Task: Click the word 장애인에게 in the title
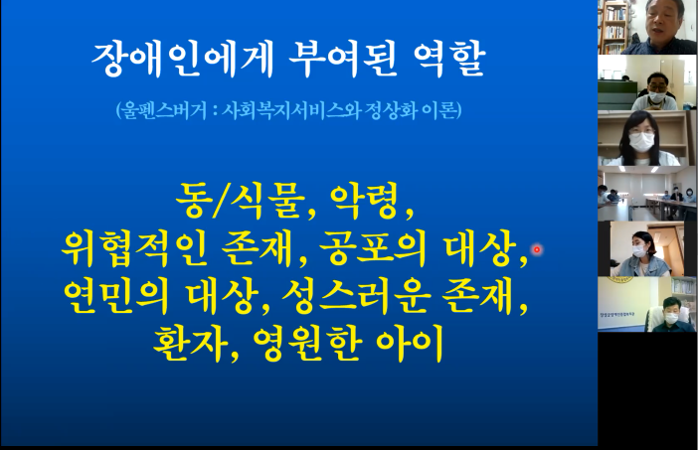182,60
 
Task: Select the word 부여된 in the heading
342,60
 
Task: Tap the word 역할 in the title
448,60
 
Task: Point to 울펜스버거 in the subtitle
163,110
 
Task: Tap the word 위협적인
134,249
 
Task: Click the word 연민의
116,297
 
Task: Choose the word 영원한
306,344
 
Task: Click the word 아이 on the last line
410,344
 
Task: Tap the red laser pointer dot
537,250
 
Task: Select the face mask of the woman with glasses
641,142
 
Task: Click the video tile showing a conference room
646,194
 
